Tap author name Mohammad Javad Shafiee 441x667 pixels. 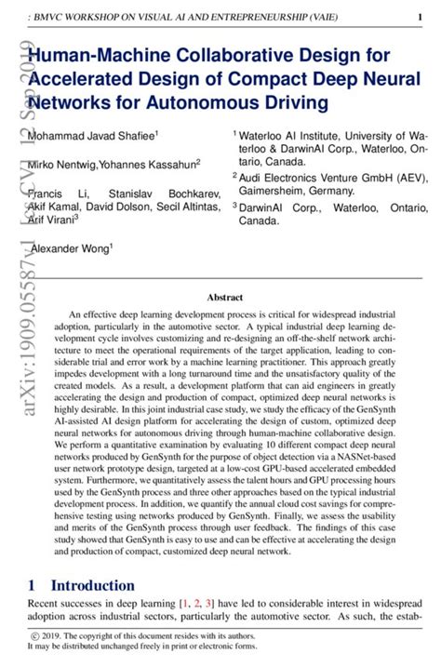[x=92, y=136]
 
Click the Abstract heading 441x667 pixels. [x=224, y=298]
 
